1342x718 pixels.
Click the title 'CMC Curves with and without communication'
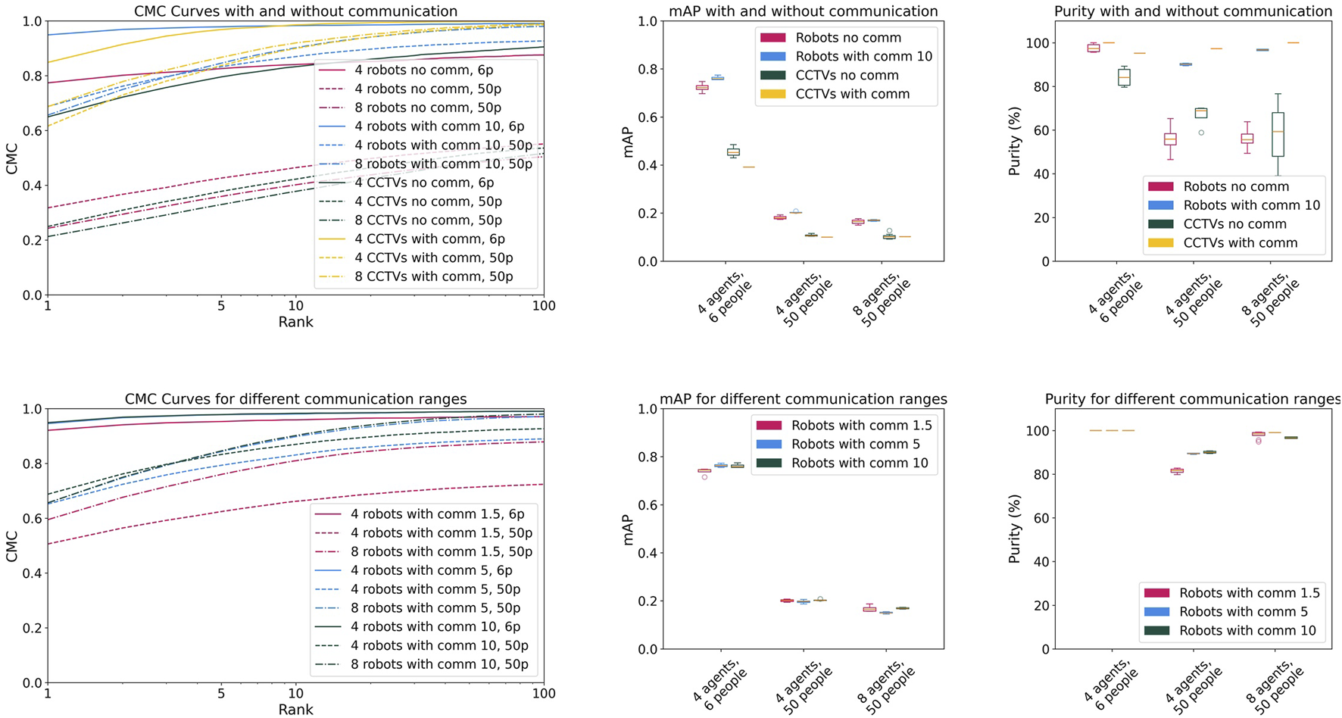coord(295,11)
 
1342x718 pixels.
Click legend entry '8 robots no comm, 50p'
coord(428,108)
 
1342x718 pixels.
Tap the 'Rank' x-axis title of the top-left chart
coord(295,322)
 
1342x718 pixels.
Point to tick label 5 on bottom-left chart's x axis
coord(220,693)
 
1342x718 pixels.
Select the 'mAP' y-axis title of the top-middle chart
coord(628,142)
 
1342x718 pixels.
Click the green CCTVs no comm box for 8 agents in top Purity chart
coord(1278,135)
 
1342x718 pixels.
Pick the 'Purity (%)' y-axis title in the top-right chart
coord(1014,142)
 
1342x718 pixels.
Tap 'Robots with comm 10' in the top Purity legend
coord(1251,205)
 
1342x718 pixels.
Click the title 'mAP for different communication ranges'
coord(803,399)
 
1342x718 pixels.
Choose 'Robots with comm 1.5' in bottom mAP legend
coord(861,426)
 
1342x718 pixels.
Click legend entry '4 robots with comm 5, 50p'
coord(435,589)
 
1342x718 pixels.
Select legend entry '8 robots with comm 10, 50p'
coord(439,664)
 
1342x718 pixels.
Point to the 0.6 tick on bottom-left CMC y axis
coord(30,519)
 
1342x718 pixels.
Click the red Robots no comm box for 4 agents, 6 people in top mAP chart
coord(702,88)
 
